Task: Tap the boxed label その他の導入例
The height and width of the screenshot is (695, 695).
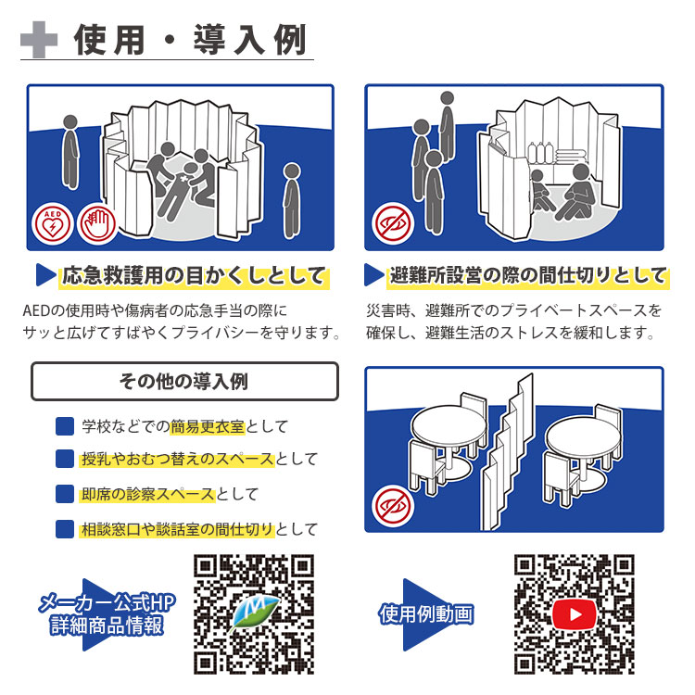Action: click(x=184, y=381)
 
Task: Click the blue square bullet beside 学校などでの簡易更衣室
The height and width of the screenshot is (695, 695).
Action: click(x=64, y=426)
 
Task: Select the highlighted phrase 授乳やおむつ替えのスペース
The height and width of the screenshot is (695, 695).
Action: click(x=177, y=459)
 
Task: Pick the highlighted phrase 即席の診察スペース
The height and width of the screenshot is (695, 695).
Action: click(x=148, y=494)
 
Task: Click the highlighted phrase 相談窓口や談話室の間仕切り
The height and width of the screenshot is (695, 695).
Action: click(x=177, y=529)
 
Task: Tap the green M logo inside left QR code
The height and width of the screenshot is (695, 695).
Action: click(x=253, y=614)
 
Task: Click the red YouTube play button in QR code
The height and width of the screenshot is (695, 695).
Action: click(x=575, y=613)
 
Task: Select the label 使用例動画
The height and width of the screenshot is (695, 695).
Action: click(x=426, y=614)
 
